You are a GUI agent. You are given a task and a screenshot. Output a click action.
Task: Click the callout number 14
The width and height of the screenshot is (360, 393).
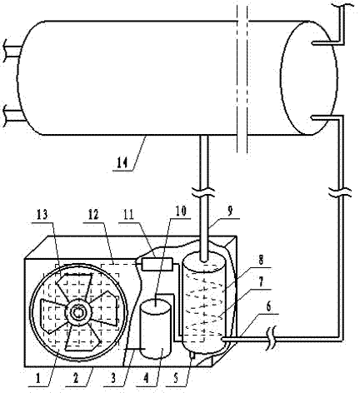click(122, 162)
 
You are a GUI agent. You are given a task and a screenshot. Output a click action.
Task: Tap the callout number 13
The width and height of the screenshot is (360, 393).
click(42, 214)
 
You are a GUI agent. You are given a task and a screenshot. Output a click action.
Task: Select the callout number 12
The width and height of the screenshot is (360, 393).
click(93, 214)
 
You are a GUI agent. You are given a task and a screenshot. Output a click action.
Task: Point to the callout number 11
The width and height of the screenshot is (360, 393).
click(128, 214)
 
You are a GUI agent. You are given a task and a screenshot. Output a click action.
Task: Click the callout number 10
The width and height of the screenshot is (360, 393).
click(181, 211)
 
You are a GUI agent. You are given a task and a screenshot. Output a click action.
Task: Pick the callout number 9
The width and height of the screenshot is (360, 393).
click(229, 211)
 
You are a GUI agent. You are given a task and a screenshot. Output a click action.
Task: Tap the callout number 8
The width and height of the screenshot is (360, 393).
click(261, 260)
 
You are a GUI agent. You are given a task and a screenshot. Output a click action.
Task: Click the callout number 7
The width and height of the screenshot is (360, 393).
click(261, 281)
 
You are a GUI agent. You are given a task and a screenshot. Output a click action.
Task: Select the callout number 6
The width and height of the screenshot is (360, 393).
click(268, 307)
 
